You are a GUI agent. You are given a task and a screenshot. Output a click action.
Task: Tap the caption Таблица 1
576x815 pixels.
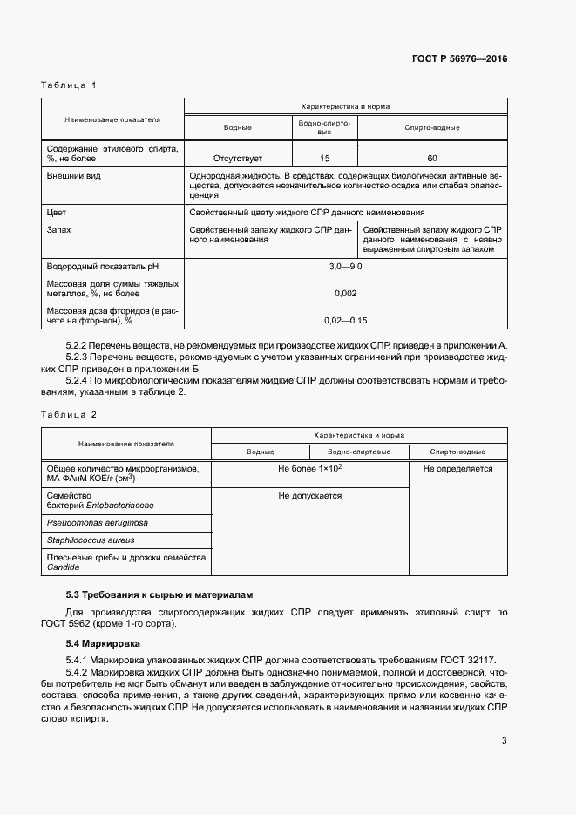68,85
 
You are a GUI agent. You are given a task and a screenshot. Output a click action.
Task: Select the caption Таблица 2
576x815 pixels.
68,415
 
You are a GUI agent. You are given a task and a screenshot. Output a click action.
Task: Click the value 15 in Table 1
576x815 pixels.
325,159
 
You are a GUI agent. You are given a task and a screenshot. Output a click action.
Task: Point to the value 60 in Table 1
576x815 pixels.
432,159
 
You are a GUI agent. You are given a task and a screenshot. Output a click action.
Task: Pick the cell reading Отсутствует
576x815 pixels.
238,159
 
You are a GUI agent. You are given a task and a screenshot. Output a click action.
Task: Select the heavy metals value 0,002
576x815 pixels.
345,293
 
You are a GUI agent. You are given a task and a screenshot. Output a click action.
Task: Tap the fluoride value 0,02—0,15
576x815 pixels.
345,320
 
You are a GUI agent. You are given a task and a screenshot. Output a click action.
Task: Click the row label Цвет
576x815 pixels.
57,212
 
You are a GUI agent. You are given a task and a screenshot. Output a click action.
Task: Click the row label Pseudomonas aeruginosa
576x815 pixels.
97,523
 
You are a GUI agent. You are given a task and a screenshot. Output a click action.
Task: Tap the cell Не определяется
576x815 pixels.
457,469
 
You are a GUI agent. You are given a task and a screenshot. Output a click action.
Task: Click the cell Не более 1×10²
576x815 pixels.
309,469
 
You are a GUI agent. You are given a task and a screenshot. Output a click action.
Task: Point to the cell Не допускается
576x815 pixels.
309,496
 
